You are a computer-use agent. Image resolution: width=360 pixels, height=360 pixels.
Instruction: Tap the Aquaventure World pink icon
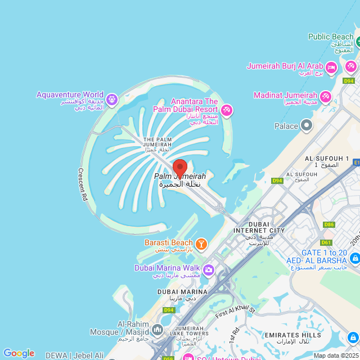(111, 99)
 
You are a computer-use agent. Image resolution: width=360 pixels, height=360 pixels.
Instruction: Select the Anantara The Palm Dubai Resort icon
(227, 109)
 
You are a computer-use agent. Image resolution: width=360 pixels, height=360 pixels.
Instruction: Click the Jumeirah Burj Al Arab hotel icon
(331, 67)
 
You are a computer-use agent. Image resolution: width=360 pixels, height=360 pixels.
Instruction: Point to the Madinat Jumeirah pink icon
(325, 97)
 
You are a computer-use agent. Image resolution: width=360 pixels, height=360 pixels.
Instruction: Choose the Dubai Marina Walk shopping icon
(209, 271)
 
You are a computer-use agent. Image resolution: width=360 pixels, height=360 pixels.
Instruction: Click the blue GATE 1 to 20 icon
(354, 258)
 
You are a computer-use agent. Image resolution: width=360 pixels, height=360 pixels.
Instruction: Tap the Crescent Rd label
(83, 184)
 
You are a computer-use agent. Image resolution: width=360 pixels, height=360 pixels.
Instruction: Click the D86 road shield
(328, 224)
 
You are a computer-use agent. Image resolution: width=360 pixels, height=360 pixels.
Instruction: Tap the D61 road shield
(326, 242)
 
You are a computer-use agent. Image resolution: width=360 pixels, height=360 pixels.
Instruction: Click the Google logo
(19, 353)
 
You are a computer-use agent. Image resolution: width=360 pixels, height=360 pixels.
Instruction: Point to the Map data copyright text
(336, 355)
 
